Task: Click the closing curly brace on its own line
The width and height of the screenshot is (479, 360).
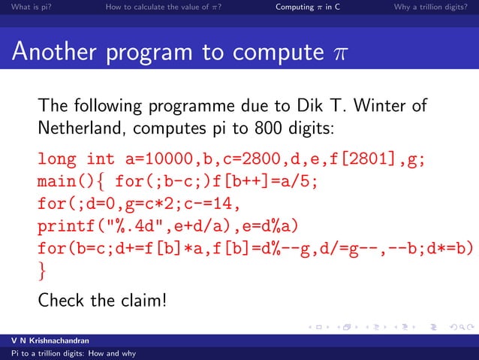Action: (43, 269)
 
